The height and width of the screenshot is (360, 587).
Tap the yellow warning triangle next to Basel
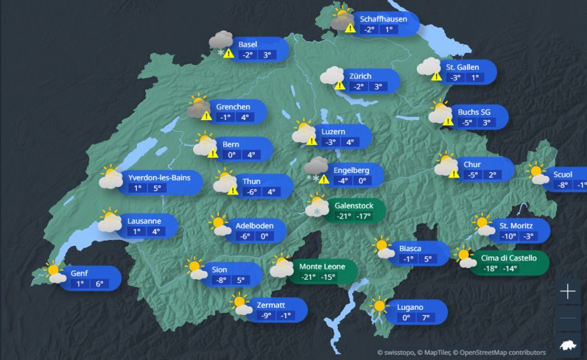point(228,53)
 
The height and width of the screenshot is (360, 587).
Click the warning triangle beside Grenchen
point(206,116)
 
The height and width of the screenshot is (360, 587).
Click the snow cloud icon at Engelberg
point(316,168)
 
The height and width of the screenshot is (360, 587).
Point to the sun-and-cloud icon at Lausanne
point(110,221)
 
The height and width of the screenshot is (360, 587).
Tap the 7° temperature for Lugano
point(425,318)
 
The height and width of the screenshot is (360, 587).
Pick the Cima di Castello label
point(509,258)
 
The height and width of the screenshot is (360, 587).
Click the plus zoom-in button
point(568,292)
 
